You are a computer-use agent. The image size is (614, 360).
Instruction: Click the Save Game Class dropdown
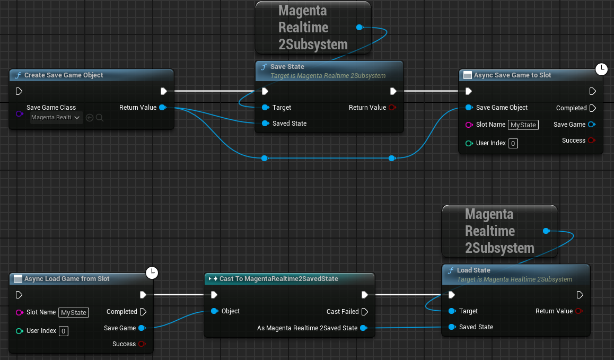[x=56, y=118]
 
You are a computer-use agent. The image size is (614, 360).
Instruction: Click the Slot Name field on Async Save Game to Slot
[x=523, y=125]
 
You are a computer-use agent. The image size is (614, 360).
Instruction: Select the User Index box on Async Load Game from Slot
[x=64, y=331]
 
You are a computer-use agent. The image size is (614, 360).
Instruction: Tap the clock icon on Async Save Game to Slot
[x=601, y=69]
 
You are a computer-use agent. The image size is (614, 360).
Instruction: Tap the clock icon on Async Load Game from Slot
[x=152, y=273]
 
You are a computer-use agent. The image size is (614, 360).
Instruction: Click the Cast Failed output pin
[x=365, y=312]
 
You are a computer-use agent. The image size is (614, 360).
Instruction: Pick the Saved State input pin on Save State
[x=265, y=124]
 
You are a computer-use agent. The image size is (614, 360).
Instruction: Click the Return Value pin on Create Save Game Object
[x=163, y=107]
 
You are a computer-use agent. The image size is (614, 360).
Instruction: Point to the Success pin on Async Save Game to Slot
[x=591, y=141]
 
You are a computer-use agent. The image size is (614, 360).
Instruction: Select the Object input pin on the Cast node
[x=214, y=311]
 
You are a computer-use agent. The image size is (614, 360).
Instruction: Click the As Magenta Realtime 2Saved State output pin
[x=363, y=328]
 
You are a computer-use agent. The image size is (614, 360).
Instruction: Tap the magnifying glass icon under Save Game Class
[x=100, y=118]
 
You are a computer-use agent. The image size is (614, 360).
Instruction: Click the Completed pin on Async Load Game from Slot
[x=143, y=312]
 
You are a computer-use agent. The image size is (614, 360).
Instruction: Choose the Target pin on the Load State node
[x=452, y=311]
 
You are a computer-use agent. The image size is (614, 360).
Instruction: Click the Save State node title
[x=287, y=67]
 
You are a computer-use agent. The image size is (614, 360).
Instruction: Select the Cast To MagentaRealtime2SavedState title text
[x=278, y=278]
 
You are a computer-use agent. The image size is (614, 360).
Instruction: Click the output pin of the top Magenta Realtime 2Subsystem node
[x=359, y=28]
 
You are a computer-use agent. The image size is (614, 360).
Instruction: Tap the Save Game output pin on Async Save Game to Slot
[x=591, y=125]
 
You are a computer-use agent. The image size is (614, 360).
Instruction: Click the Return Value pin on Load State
[x=579, y=311]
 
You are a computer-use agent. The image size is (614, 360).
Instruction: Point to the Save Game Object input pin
[x=469, y=107]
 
